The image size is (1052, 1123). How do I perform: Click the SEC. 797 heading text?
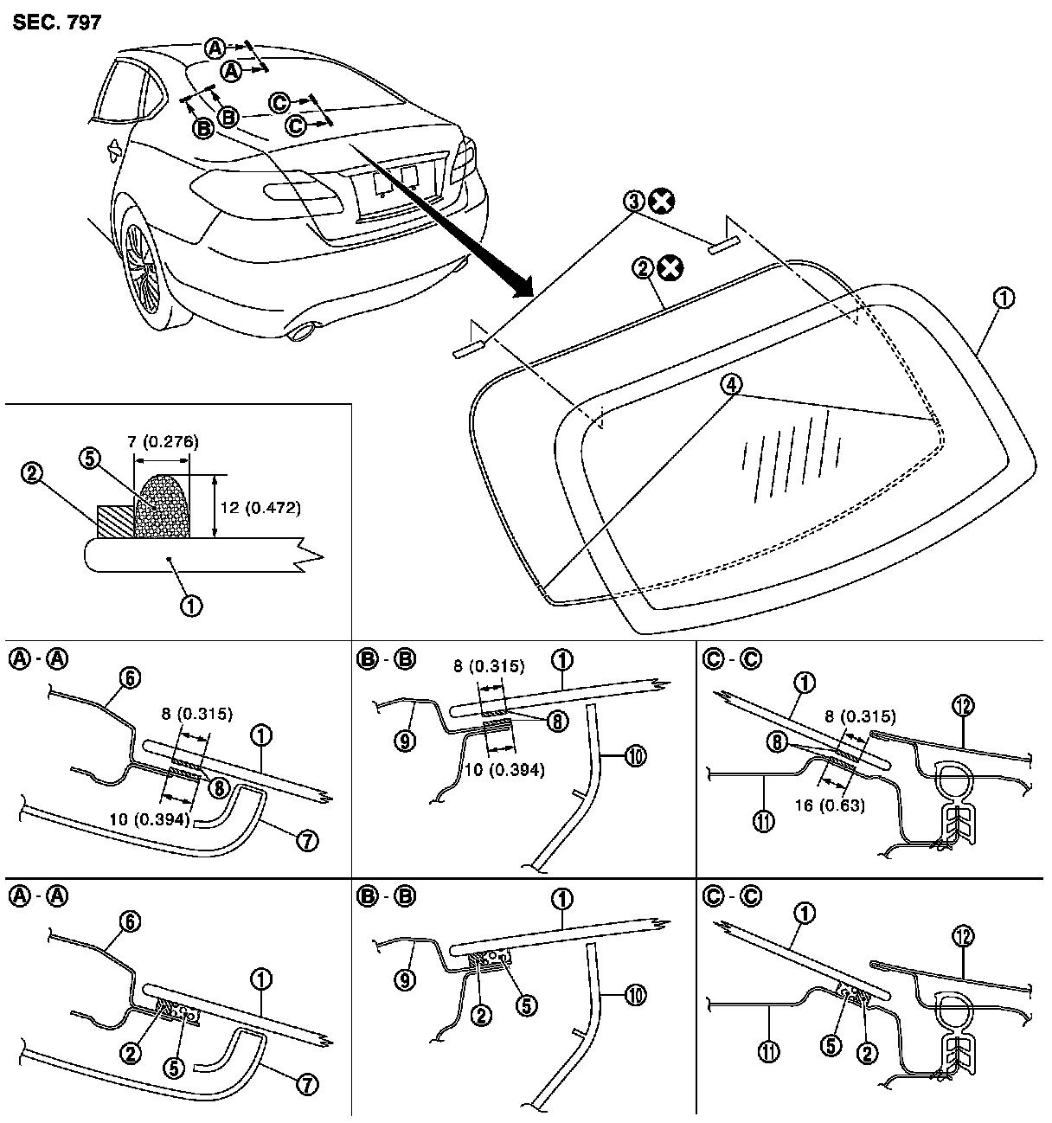[x=57, y=22]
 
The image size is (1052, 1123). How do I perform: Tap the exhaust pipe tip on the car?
[x=302, y=331]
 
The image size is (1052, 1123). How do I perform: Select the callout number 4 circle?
[x=732, y=386]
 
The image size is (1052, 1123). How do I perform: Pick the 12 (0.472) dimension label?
[x=260, y=508]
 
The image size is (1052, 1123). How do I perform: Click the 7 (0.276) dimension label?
[x=161, y=442]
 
